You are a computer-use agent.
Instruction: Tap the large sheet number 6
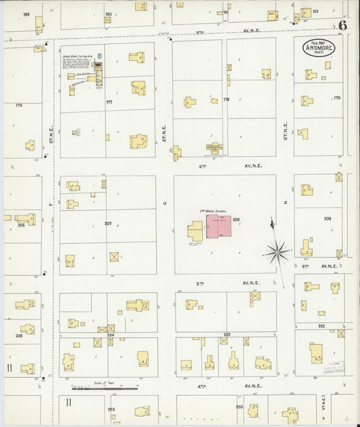pyautogui.click(x=344, y=26)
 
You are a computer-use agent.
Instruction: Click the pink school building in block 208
pyautogui.click(x=220, y=226)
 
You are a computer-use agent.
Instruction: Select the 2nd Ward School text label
pyautogui.click(x=211, y=211)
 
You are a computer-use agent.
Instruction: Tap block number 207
pyautogui.click(x=107, y=223)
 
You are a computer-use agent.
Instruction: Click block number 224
pyautogui.click(x=110, y=335)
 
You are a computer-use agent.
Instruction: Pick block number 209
pyautogui.click(x=328, y=219)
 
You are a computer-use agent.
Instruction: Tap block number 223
pyautogui.click(x=227, y=334)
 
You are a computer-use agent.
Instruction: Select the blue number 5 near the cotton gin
pyautogui.click(x=100, y=57)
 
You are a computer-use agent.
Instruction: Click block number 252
pyautogui.click(x=111, y=409)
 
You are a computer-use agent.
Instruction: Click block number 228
pyautogui.click(x=19, y=336)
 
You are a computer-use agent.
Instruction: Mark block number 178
pyautogui.click(x=18, y=105)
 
